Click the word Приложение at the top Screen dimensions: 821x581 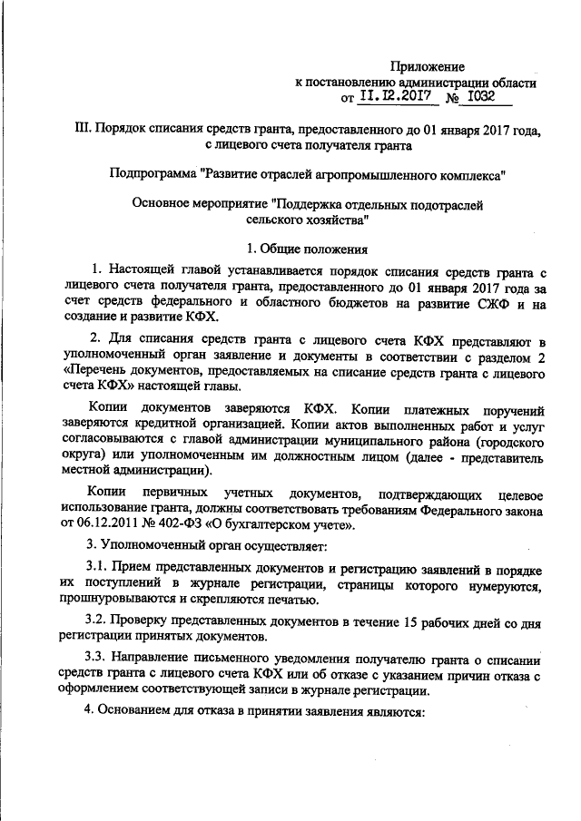(428, 67)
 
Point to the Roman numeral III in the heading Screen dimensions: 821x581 (85, 129)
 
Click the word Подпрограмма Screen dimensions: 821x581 (151, 171)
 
